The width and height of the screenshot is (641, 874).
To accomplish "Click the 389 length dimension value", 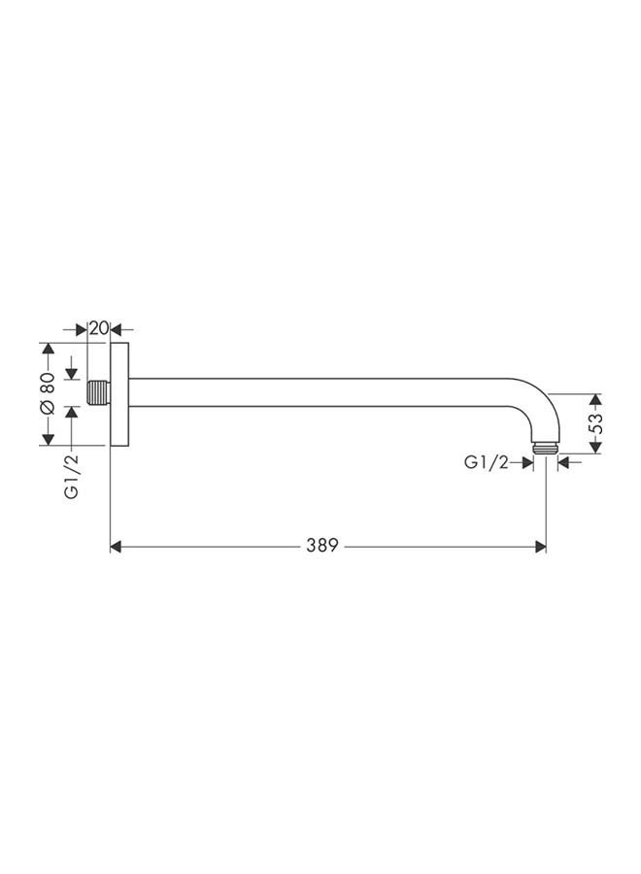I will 321,547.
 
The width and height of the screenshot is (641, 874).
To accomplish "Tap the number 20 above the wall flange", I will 98,328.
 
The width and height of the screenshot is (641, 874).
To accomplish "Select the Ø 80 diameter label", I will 46,393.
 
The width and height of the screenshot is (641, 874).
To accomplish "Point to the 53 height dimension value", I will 596,423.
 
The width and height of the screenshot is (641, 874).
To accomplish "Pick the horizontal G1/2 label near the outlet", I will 486,463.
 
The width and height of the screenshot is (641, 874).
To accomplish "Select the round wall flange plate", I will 119,393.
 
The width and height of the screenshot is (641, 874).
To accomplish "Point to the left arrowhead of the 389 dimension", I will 116,547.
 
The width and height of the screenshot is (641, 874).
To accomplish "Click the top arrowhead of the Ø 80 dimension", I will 46,349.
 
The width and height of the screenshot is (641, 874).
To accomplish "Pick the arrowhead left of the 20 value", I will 82,328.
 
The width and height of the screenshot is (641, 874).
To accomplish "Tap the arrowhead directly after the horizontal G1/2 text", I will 527,463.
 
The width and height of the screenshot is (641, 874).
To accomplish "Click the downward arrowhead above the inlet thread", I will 71,375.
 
